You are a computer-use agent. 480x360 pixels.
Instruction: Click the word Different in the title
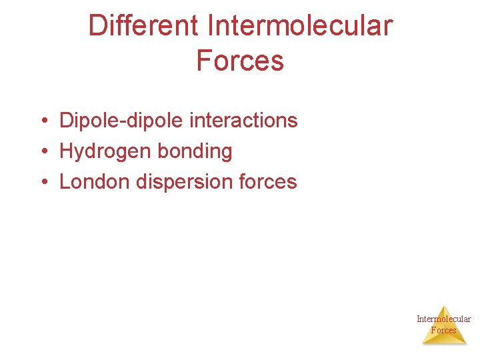(x=143, y=26)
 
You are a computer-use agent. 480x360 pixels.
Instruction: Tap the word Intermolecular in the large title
(x=300, y=26)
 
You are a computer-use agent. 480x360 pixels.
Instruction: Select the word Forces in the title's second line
(x=240, y=60)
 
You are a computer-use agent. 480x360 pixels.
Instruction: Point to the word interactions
(x=243, y=121)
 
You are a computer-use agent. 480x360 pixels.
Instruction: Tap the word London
(x=95, y=182)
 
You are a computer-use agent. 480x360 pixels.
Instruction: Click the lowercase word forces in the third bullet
(x=271, y=182)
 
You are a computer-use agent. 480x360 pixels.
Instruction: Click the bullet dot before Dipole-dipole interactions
(x=42, y=121)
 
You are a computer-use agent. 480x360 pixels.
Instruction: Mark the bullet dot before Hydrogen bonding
(x=42, y=152)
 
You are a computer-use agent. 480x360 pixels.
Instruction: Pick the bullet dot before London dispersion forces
(x=42, y=182)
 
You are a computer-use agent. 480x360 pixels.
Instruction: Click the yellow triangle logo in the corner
(x=444, y=328)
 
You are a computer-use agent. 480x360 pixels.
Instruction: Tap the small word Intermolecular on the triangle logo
(x=444, y=319)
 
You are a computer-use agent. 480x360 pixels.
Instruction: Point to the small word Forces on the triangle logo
(x=444, y=330)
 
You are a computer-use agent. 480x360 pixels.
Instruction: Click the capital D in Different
(x=97, y=26)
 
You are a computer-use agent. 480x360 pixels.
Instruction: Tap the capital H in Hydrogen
(x=66, y=151)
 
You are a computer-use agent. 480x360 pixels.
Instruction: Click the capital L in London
(x=65, y=182)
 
